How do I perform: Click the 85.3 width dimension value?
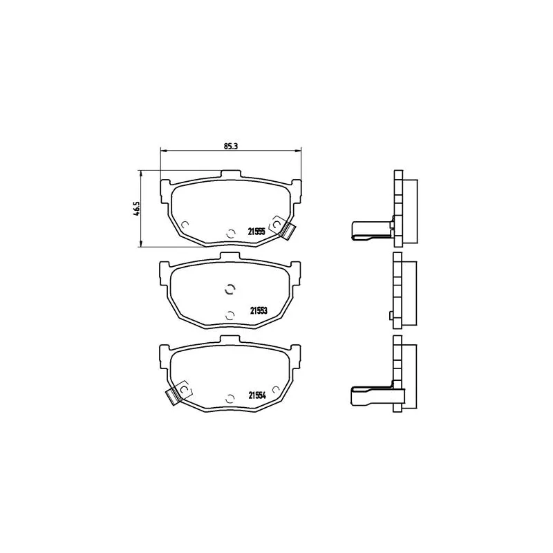tap(231, 146)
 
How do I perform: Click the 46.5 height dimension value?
tap(136, 209)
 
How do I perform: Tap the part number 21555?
tap(256, 232)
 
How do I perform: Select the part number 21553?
tap(259, 310)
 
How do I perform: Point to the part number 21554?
tap(257, 395)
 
